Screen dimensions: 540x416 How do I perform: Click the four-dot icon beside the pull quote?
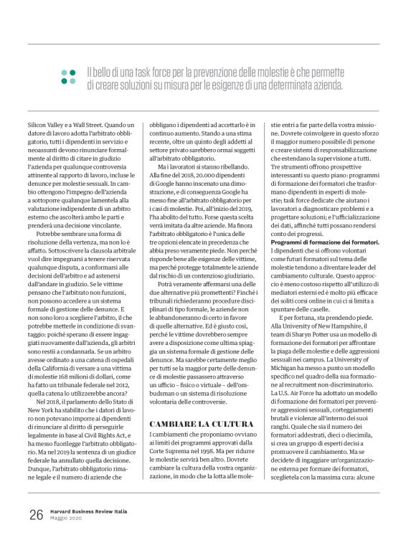coord(69,77)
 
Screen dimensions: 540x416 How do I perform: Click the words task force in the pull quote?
coord(161,72)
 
